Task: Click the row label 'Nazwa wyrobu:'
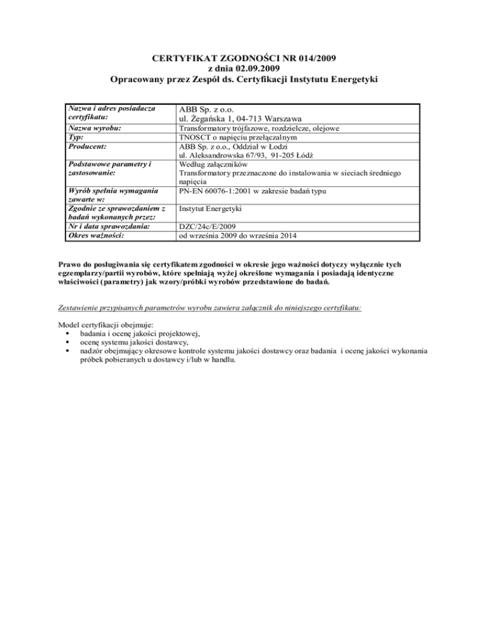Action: click(95, 129)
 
